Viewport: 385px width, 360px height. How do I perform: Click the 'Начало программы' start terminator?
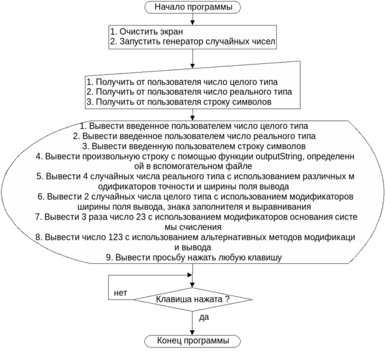(x=192, y=8)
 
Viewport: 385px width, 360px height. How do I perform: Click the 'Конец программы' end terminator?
(x=192, y=341)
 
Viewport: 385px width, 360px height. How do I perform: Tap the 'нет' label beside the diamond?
(x=120, y=294)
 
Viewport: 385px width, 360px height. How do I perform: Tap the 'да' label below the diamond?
(x=204, y=318)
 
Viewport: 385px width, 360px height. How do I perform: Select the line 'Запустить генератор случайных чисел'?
(x=196, y=42)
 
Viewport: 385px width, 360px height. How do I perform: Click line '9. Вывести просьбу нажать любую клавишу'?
(x=194, y=258)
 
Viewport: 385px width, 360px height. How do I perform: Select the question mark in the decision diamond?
(x=226, y=299)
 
